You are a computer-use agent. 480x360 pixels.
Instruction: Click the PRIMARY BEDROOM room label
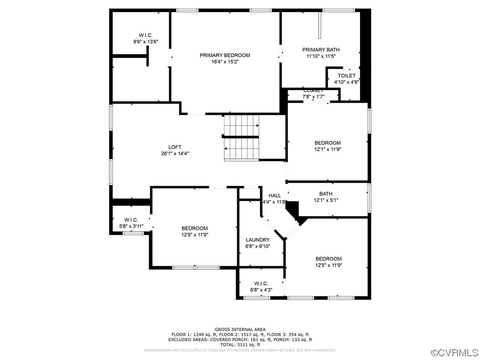225,55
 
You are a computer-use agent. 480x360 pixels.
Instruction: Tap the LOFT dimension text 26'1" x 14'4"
175,153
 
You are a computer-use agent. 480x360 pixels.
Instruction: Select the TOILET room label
346,75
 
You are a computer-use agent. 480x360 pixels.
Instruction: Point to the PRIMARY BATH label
321,50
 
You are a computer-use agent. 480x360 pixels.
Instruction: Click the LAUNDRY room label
257,240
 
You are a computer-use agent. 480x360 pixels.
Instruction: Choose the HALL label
275,195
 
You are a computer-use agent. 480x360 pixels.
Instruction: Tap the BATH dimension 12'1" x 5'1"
326,200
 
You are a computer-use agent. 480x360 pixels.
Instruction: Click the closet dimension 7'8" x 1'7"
313,97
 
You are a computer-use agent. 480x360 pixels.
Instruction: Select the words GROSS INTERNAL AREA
240,330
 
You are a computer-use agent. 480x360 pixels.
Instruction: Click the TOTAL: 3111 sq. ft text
240,345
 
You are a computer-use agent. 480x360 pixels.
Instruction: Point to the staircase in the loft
241,137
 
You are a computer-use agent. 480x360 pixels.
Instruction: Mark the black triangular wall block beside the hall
293,209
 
